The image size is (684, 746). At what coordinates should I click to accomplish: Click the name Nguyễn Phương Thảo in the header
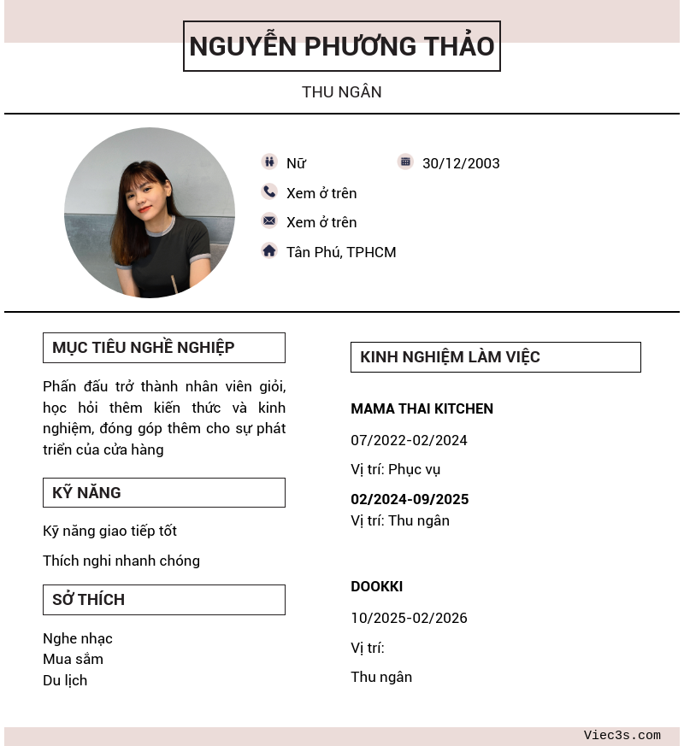pyautogui.click(x=342, y=46)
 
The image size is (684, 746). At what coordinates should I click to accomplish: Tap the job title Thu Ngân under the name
pyautogui.click(x=342, y=91)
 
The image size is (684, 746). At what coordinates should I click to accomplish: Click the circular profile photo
pyautogui.click(x=150, y=213)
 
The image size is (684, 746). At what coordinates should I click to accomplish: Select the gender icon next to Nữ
pyautogui.click(x=269, y=162)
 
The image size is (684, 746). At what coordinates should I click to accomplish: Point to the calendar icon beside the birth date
pyautogui.click(x=405, y=162)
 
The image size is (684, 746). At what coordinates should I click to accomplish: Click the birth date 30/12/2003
pyautogui.click(x=461, y=163)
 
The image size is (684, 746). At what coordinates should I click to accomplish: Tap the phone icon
pyautogui.click(x=269, y=191)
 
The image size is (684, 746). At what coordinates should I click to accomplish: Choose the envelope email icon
pyautogui.click(x=269, y=220)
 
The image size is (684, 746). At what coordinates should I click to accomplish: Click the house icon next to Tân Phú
pyautogui.click(x=269, y=250)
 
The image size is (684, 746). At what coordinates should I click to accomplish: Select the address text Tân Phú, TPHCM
pyautogui.click(x=341, y=252)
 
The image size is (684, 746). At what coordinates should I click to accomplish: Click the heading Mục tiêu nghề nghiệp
pyautogui.click(x=144, y=348)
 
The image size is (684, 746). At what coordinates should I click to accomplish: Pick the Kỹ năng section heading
pyautogui.click(x=86, y=492)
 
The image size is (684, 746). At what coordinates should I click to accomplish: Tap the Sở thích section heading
pyautogui.click(x=89, y=599)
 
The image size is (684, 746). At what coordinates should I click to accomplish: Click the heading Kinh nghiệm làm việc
pyautogui.click(x=450, y=357)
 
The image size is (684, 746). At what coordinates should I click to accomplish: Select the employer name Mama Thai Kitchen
pyautogui.click(x=422, y=408)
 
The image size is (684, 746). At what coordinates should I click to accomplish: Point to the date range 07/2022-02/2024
pyautogui.click(x=409, y=440)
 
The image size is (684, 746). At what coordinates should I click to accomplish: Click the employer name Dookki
pyautogui.click(x=376, y=586)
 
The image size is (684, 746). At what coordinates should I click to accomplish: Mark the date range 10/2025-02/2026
pyautogui.click(x=409, y=618)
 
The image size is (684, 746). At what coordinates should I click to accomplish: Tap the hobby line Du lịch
pyautogui.click(x=65, y=680)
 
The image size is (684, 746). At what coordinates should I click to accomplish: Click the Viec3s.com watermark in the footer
pyautogui.click(x=622, y=735)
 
